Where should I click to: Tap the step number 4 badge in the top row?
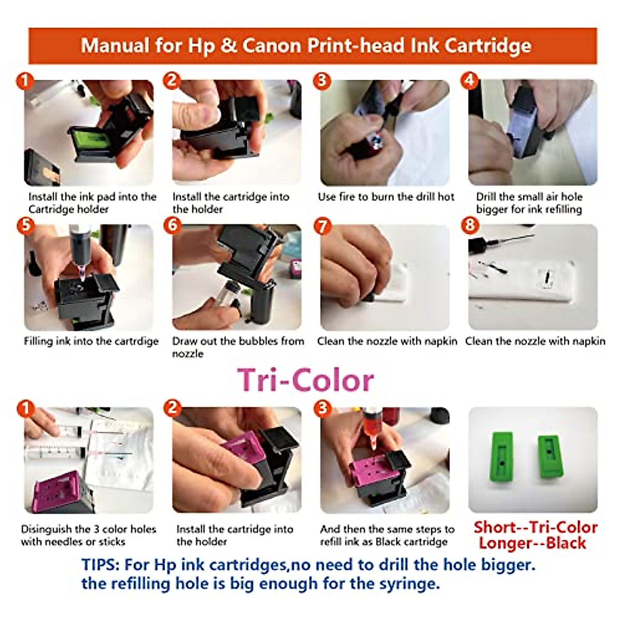click(x=470, y=81)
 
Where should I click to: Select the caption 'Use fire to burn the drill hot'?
click(x=386, y=197)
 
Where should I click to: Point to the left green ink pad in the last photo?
click(x=502, y=456)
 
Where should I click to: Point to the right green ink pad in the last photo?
click(x=549, y=456)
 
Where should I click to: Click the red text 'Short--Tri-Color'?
click(x=535, y=527)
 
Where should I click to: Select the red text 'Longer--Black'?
click(x=532, y=543)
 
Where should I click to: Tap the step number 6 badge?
click(x=173, y=226)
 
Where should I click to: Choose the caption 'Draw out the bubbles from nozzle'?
click(x=238, y=347)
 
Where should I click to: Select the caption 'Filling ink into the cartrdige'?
click(x=91, y=341)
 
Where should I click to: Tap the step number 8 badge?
click(x=470, y=226)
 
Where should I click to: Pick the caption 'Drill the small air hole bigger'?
click(x=529, y=203)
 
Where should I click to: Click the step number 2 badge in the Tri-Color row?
click(x=173, y=408)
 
